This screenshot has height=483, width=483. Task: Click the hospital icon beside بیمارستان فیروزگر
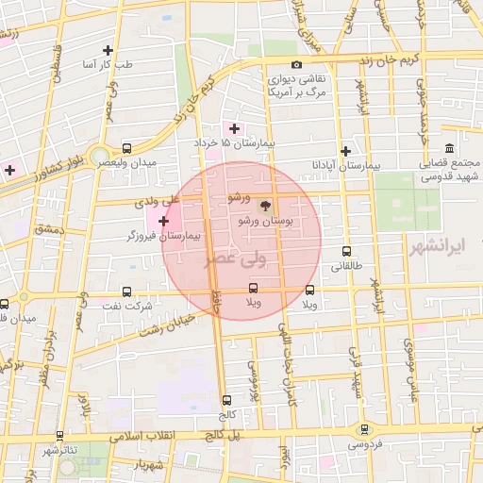(165, 222)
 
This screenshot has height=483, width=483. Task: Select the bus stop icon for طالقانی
(346, 252)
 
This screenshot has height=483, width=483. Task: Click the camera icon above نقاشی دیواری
(297, 64)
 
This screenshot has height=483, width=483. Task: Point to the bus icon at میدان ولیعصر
(127, 148)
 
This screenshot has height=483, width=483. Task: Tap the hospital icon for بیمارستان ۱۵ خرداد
(234, 128)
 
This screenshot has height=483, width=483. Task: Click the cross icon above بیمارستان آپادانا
(346, 150)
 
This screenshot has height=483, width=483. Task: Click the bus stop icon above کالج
(225, 400)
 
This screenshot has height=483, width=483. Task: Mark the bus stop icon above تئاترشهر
(60, 436)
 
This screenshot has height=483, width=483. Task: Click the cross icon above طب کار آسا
(108, 50)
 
